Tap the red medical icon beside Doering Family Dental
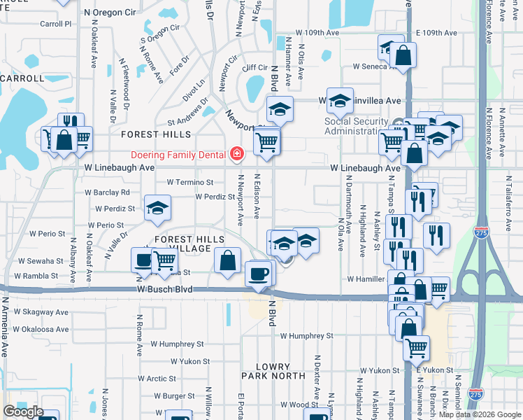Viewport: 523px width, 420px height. [x=237, y=154]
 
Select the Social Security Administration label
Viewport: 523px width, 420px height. [x=356, y=126]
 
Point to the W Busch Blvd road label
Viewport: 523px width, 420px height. [x=164, y=289]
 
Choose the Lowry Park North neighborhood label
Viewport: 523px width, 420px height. [x=273, y=371]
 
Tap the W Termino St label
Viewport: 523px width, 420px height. [x=190, y=182]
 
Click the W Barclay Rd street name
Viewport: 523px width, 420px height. [x=107, y=192]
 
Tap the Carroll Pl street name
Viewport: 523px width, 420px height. [x=56, y=24]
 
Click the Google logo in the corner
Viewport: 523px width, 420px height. [x=23, y=412]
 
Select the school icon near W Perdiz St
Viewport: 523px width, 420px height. [x=157, y=207]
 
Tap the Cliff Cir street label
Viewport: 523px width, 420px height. [x=255, y=68]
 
